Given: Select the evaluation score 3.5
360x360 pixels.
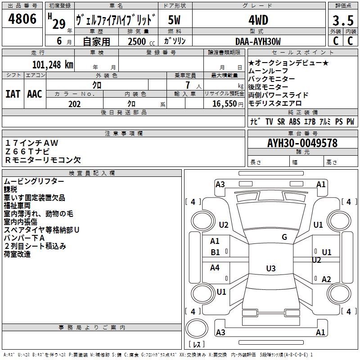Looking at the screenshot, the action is [x=342, y=21].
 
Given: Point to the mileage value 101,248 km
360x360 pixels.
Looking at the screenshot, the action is [x=53, y=64].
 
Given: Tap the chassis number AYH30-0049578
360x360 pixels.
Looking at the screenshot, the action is [x=302, y=143].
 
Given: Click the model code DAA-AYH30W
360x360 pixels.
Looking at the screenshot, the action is [x=258, y=41].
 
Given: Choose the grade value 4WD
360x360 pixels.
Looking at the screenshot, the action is [x=258, y=20].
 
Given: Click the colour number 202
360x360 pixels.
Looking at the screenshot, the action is [x=74, y=104].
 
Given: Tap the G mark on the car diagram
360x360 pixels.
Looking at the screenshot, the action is [x=284, y=237].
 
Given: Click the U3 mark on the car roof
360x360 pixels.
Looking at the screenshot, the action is [x=270, y=269].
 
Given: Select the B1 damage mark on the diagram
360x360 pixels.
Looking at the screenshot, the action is [x=216, y=252].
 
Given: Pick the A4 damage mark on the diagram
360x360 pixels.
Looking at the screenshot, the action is [x=215, y=268].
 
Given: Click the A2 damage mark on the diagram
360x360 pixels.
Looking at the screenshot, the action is [x=326, y=279].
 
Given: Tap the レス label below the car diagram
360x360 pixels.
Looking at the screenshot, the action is [x=196, y=345].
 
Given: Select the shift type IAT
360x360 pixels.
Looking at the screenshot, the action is [x=13, y=94].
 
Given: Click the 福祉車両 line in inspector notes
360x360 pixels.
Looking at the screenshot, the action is [x=18, y=205].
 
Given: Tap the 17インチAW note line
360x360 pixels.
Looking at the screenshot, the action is [x=32, y=143].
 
